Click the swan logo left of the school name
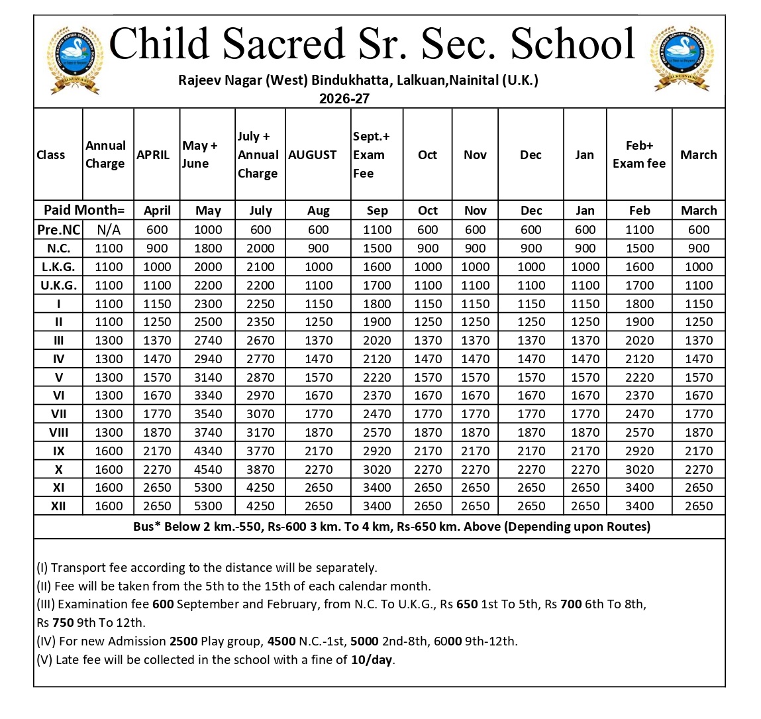tap(75, 60)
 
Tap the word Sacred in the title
tap(284, 44)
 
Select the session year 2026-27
tap(344, 99)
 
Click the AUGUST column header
tap(313, 154)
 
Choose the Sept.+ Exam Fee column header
tap(372, 154)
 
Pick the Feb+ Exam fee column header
tap(639, 154)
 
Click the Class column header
tap(51, 154)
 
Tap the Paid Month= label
tap(84, 210)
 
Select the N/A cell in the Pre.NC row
tap(109, 229)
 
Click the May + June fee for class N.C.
tap(208, 248)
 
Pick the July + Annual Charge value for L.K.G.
tap(260, 266)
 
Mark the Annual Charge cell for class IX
tap(109, 451)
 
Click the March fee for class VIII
tap(699, 432)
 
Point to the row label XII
tap(58, 506)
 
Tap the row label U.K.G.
tap(58, 285)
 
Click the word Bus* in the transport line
tap(147, 527)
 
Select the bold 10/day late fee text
tap(372, 660)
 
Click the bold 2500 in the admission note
tap(183, 641)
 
